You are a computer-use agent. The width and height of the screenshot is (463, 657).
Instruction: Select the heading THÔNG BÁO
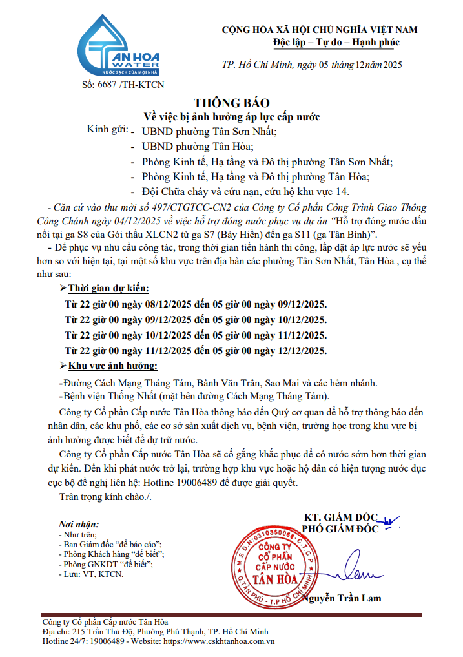231,103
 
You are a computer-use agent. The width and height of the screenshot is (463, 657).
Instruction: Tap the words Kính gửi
107,130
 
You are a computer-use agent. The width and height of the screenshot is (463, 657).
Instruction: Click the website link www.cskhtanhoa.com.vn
220,641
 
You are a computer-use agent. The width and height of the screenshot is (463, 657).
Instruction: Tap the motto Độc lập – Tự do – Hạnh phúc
336,43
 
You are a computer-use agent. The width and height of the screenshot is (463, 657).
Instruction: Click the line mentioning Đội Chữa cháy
248,192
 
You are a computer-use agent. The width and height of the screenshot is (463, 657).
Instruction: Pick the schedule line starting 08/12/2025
196,304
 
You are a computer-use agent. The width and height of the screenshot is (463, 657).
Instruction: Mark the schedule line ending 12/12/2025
196,351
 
